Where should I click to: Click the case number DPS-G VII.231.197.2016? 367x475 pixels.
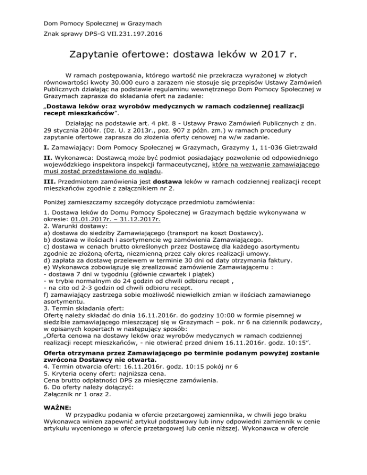point(115,34)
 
